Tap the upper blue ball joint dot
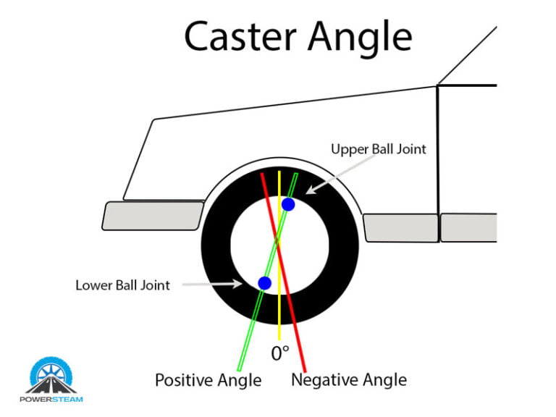(x=287, y=204)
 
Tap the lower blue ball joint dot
(x=264, y=282)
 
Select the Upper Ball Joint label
(x=378, y=150)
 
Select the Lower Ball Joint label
(x=122, y=285)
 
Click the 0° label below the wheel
(x=279, y=353)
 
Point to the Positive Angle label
(x=208, y=379)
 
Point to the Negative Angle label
(x=348, y=379)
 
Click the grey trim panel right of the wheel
(x=400, y=227)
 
